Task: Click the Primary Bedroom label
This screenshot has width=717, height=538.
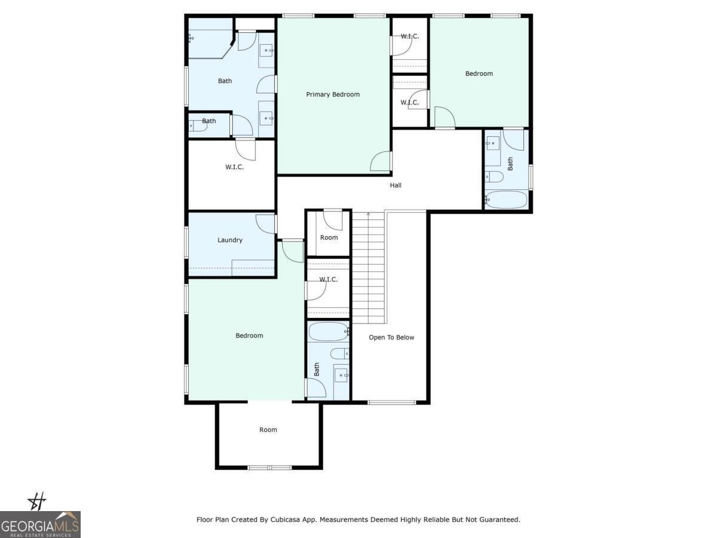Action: pyautogui.click(x=333, y=94)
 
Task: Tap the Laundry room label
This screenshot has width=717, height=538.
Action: pyautogui.click(x=230, y=240)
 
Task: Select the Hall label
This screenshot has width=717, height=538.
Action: pyautogui.click(x=396, y=185)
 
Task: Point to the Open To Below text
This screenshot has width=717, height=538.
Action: pyautogui.click(x=391, y=337)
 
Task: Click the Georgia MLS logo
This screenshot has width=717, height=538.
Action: pyautogui.click(x=40, y=524)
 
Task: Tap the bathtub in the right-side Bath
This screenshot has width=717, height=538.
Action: pyautogui.click(x=506, y=200)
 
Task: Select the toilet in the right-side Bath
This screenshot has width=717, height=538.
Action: pyautogui.click(x=494, y=176)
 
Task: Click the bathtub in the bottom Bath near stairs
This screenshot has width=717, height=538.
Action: pyautogui.click(x=328, y=331)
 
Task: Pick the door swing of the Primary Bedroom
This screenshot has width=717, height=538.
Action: pyautogui.click(x=381, y=161)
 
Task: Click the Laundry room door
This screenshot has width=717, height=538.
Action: pyautogui.click(x=266, y=223)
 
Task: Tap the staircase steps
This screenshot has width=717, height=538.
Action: pyautogui.click(x=368, y=269)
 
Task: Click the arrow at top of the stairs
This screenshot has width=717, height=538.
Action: pyautogui.click(x=368, y=213)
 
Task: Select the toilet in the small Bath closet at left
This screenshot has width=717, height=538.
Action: pyautogui.click(x=197, y=126)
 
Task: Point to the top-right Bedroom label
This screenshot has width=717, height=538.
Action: pyautogui.click(x=479, y=74)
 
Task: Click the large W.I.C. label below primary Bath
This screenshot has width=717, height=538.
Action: pyautogui.click(x=234, y=167)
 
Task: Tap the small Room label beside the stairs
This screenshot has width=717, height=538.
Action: pyautogui.click(x=329, y=237)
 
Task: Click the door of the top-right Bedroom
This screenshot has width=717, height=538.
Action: pyautogui.click(x=444, y=118)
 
